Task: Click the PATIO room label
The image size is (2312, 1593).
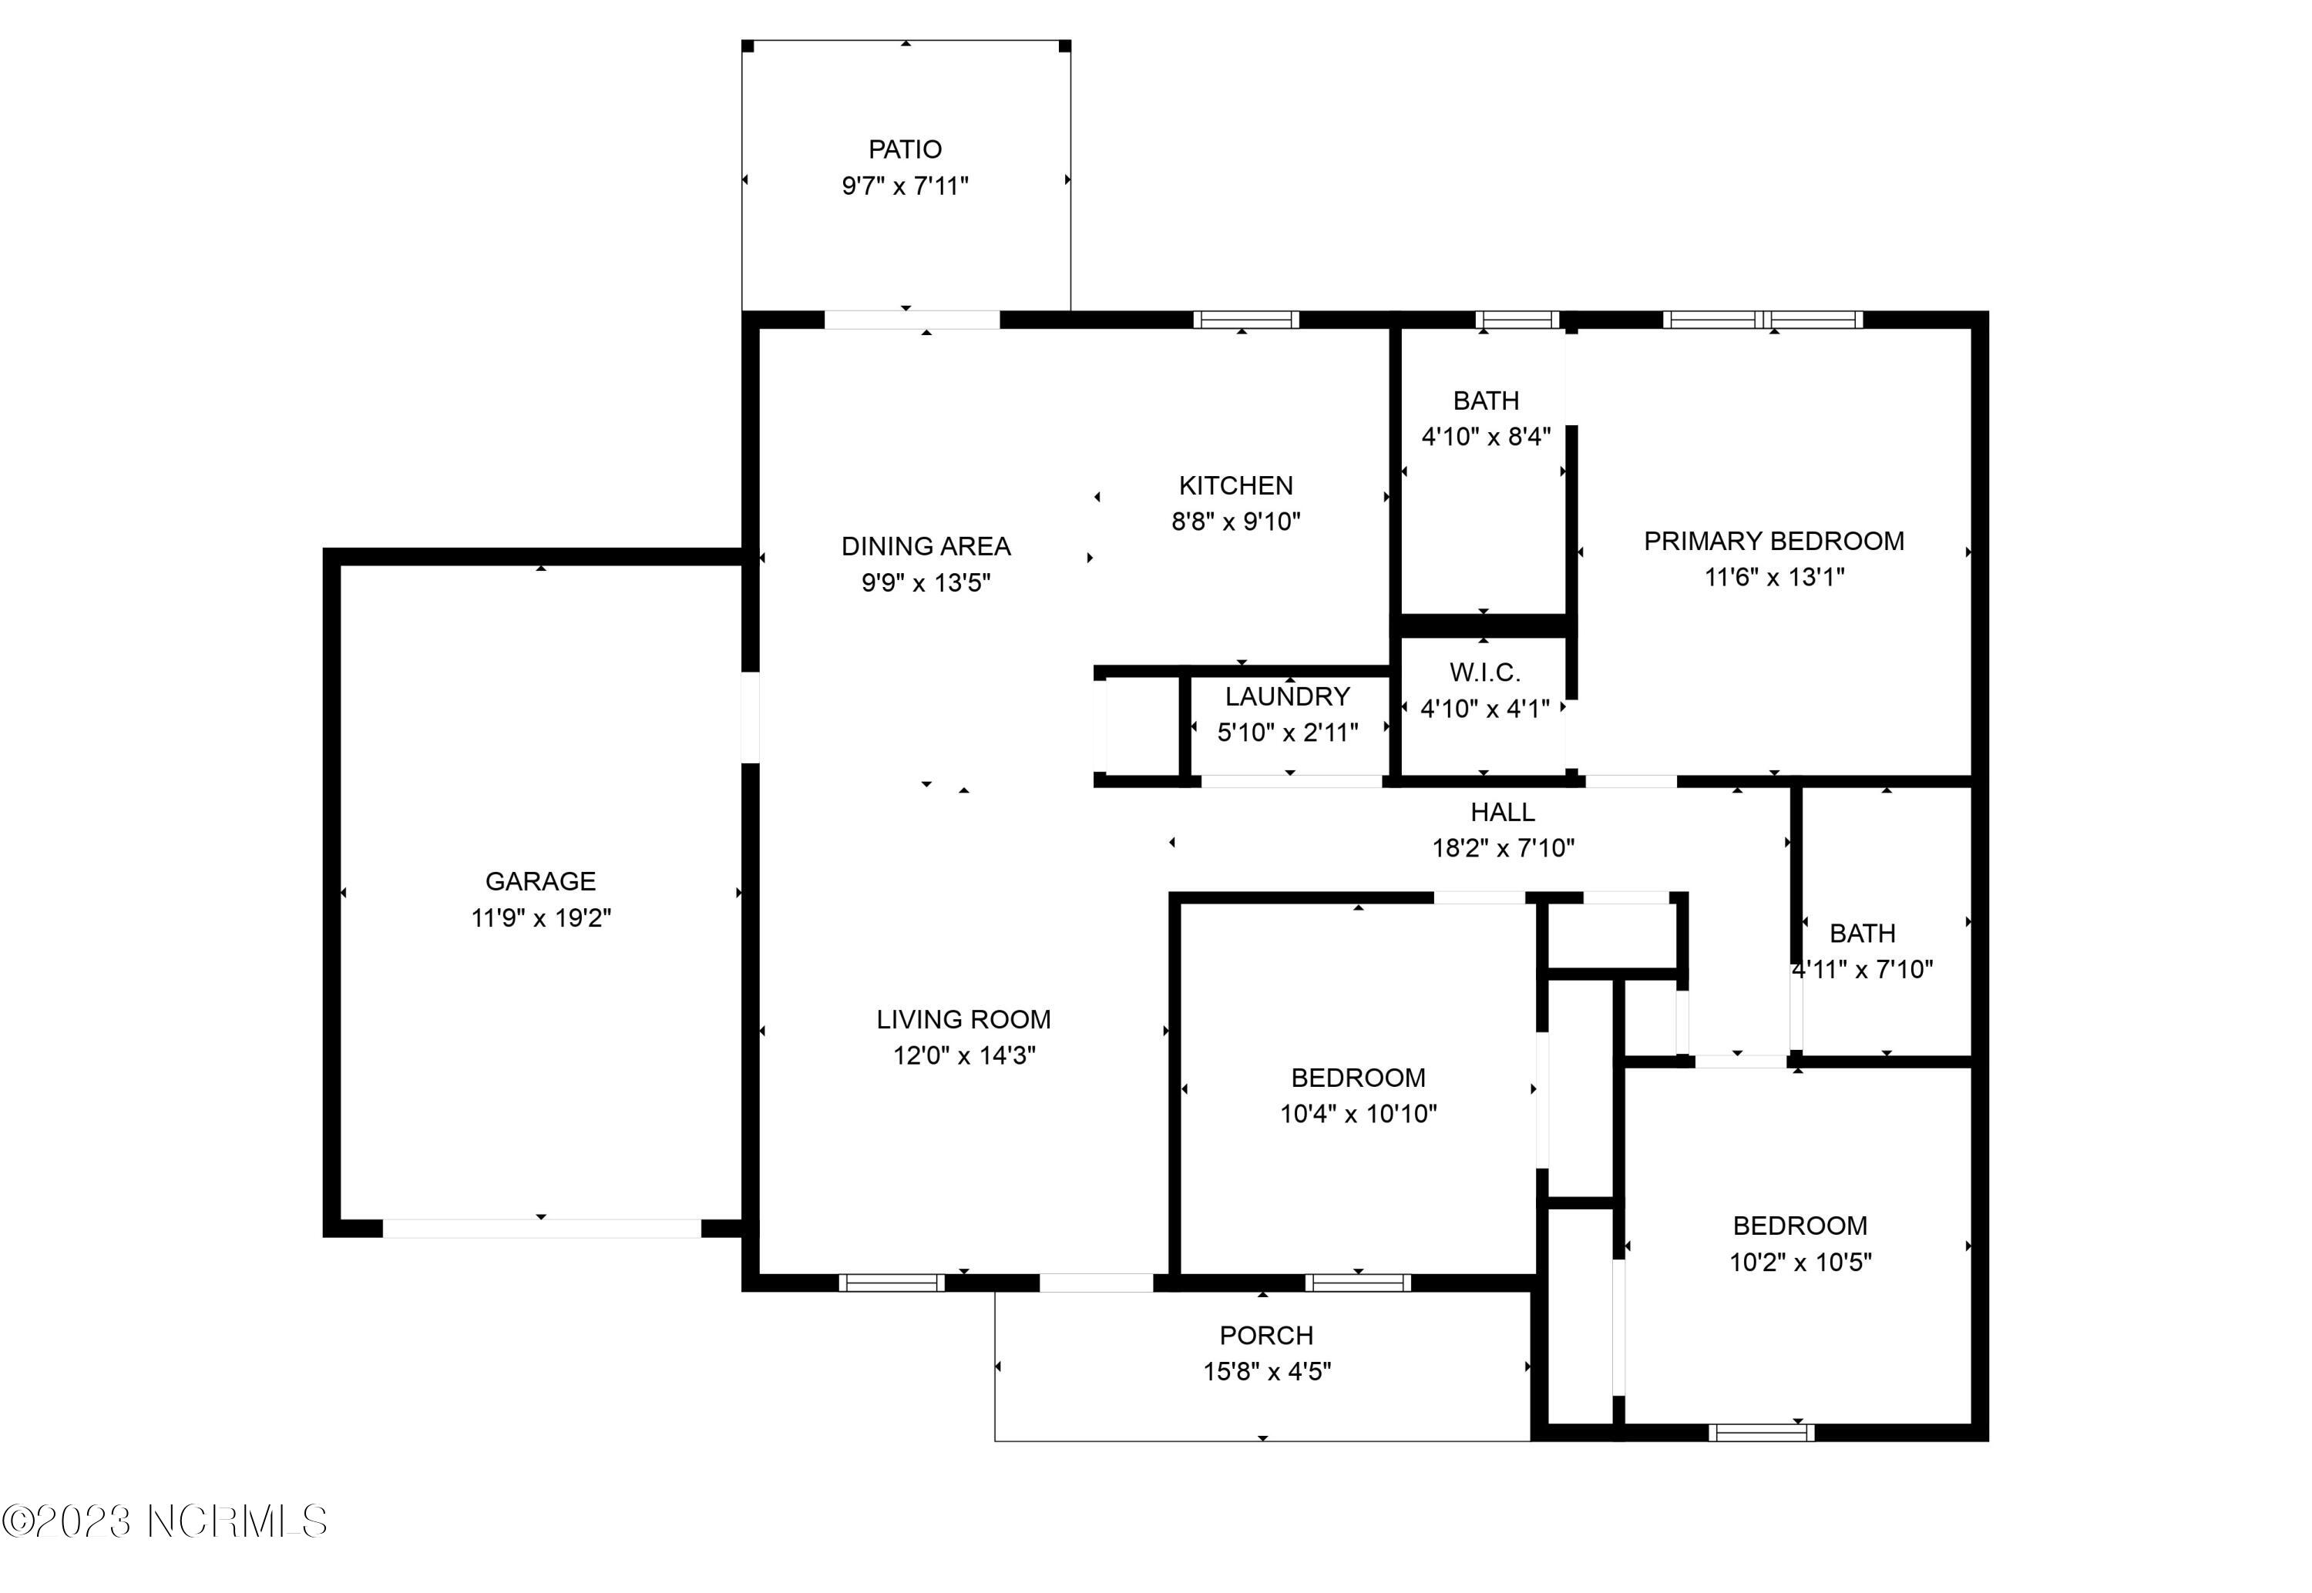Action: click(x=905, y=149)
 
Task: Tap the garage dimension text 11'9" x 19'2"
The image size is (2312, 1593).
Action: click(x=541, y=917)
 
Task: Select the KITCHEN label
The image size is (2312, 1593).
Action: click(x=1236, y=486)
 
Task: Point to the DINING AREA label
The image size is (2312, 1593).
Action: click(x=926, y=547)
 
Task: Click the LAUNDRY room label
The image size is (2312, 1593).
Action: click(x=1288, y=696)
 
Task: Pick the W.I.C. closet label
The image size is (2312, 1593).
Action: click(x=1485, y=672)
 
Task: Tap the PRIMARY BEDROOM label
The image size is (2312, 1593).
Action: click(x=1774, y=541)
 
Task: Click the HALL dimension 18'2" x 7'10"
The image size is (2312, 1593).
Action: click(x=1504, y=848)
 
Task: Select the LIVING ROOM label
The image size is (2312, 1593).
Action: click(x=963, y=1019)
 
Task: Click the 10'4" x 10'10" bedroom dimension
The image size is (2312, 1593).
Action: click(x=1359, y=1114)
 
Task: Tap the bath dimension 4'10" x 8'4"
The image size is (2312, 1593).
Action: click(x=1487, y=438)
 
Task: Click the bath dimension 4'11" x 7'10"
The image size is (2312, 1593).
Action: click(x=1863, y=969)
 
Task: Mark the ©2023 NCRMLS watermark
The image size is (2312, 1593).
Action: click(x=165, y=1521)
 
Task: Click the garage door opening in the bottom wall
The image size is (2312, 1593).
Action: click(x=542, y=1229)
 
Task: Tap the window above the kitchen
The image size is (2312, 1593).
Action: click(x=1246, y=320)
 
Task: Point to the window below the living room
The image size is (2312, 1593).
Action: click(x=892, y=1283)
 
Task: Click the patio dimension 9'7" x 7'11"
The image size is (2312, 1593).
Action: click(x=905, y=186)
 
